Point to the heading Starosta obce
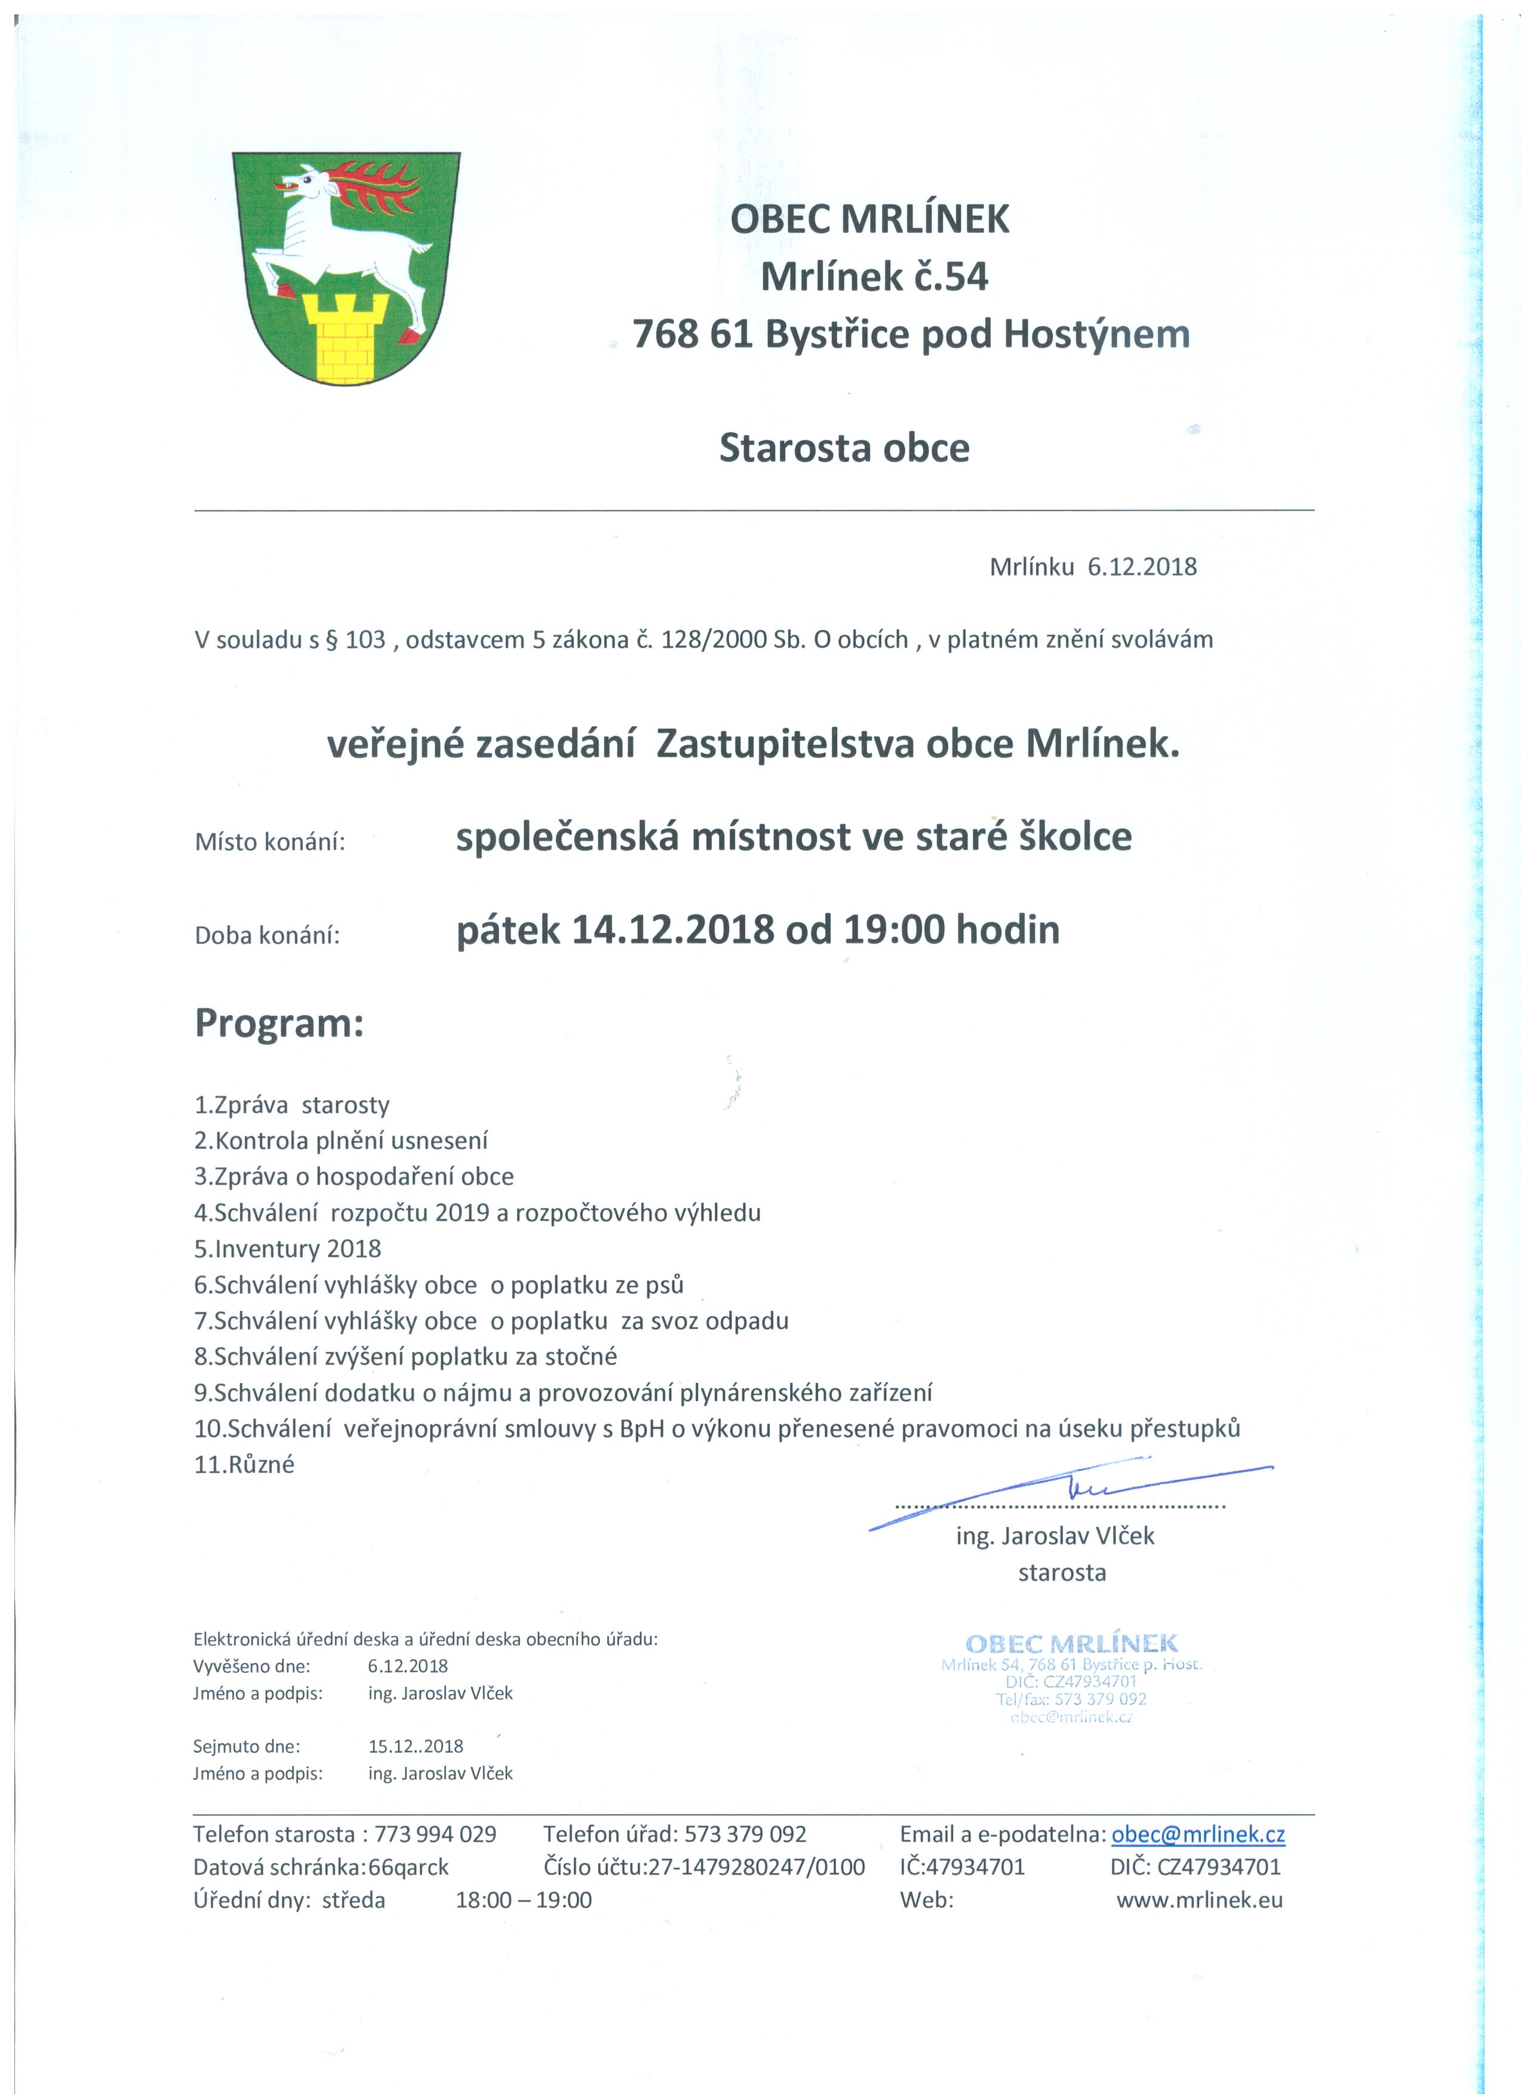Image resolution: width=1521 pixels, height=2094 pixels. (x=844, y=449)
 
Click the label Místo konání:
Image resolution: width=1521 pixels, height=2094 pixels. (x=270, y=842)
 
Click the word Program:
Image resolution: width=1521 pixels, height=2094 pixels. (x=279, y=1024)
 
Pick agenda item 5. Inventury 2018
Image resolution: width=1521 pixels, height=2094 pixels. (x=287, y=1249)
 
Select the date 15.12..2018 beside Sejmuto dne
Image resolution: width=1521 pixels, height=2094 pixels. (x=416, y=1746)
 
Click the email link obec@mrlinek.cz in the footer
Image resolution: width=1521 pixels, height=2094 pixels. (x=1198, y=1834)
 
